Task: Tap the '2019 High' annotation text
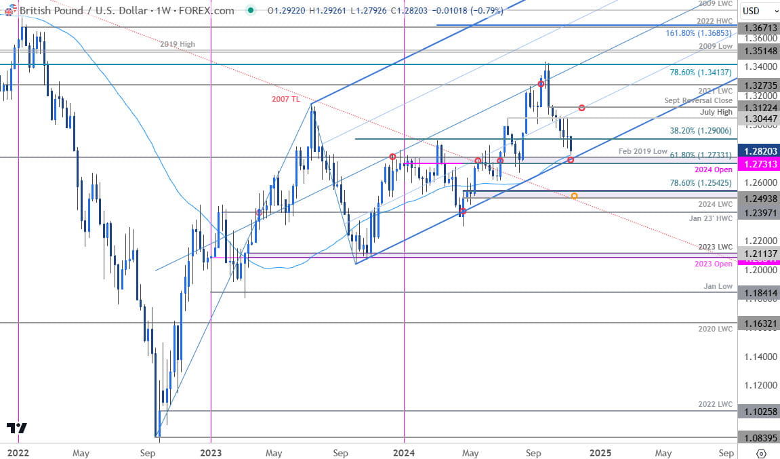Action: tap(178, 44)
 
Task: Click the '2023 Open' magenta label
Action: tap(714, 264)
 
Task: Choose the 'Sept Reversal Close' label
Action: tap(699, 100)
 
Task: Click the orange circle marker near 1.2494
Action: tap(575, 196)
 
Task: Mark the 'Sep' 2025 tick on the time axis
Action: tap(726, 452)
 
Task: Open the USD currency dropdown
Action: tap(755, 10)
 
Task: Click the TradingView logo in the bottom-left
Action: tap(17, 428)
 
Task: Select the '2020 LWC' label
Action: tap(715, 329)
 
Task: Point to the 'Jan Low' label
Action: tap(718, 286)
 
